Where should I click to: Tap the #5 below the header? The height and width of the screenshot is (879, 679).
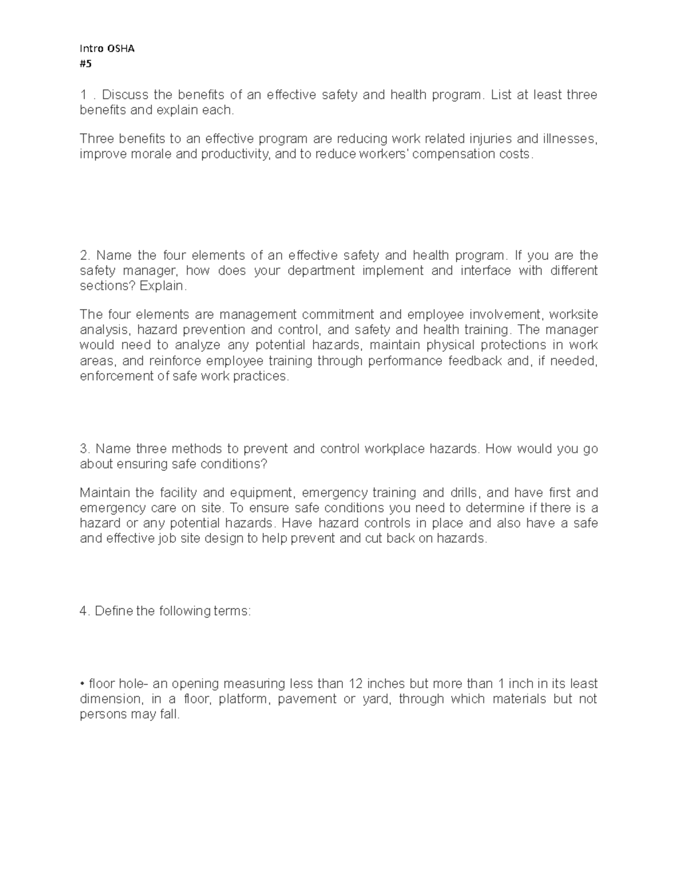click(85, 64)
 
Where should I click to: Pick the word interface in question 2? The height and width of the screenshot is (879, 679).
click(485, 271)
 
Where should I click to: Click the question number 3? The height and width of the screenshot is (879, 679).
click(85, 449)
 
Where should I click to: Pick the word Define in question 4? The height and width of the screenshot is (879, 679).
click(114, 611)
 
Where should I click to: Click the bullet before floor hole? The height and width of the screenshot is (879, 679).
click(83, 684)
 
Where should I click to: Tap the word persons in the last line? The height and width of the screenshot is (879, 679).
click(101, 714)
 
